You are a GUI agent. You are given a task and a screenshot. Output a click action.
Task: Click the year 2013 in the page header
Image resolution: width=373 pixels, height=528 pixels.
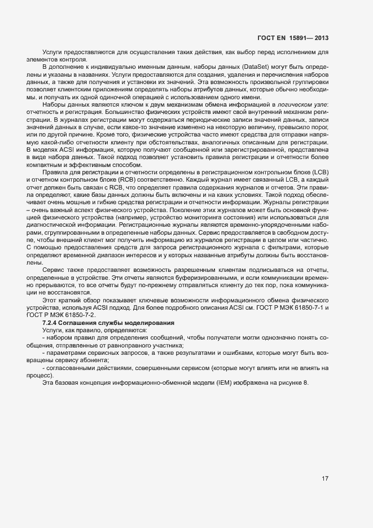click(x=320, y=38)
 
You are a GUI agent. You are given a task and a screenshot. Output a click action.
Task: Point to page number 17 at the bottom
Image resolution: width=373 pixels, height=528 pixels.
click(x=325, y=479)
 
